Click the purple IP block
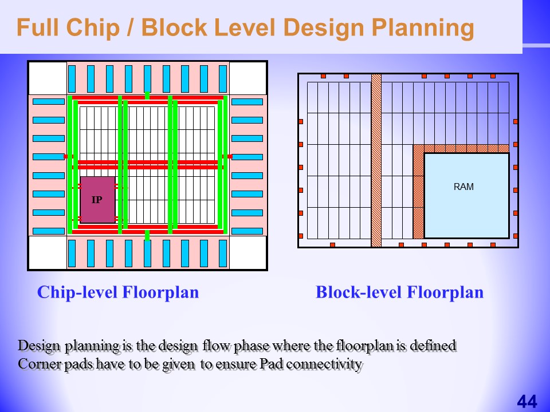tap(97, 200)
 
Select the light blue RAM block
tap(466, 196)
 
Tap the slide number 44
tap(527, 402)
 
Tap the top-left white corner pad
tap(48, 78)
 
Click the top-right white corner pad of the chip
tap(247, 78)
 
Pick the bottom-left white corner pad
tap(48, 252)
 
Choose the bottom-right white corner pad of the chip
tap(247, 252)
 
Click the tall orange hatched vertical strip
tap(376, 160)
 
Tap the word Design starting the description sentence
tap(39, 346)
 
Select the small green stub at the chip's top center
tap(147, 95)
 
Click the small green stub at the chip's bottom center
tap(147, 235)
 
